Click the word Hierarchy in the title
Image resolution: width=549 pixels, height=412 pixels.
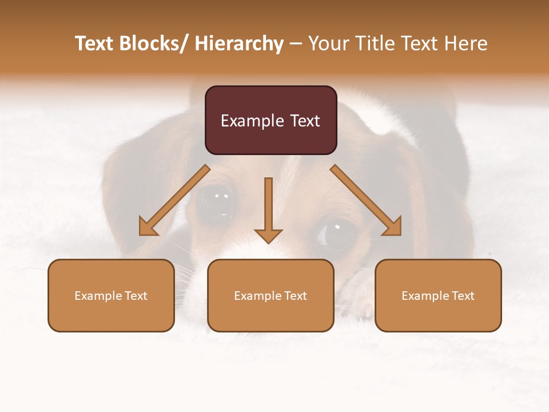pyautogui.click(x=239, y=43)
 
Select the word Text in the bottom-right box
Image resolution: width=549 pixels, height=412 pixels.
pyautogui.click(x=463, y=296)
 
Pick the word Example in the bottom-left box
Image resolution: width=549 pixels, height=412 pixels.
pyautogui.click(x=98, y=296)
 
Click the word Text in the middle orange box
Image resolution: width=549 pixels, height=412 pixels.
pyautogui.click(x=295, y=296)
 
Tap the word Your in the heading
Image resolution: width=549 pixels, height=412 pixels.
pyautogui.click(x=329, y=43)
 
